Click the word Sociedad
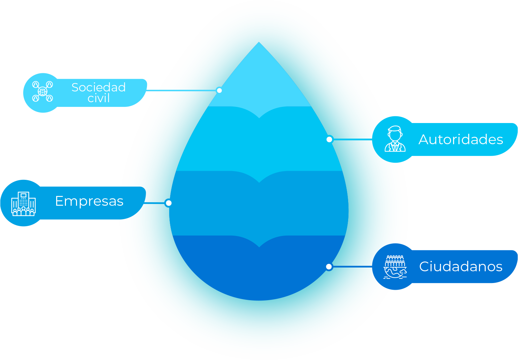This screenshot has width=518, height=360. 99,87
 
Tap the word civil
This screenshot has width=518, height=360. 99,98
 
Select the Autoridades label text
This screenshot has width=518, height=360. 460,139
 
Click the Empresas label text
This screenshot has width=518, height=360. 89,201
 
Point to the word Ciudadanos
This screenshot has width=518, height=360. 460,267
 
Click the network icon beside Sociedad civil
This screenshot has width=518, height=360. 43,91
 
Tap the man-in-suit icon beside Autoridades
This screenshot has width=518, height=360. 395,139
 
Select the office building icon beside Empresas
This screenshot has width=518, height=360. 23,204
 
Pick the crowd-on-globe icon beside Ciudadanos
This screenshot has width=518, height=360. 395,267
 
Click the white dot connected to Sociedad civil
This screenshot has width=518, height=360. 219,90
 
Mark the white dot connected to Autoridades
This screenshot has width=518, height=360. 329,139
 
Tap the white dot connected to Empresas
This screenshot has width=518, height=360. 169,203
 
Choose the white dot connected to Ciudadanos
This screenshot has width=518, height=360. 329,267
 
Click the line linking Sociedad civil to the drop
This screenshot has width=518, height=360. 182,90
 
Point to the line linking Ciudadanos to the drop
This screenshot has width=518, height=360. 352,267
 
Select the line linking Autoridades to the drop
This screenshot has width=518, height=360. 352,139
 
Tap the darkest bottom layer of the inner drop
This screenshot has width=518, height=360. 259,272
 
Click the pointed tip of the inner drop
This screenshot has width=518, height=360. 259,44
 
